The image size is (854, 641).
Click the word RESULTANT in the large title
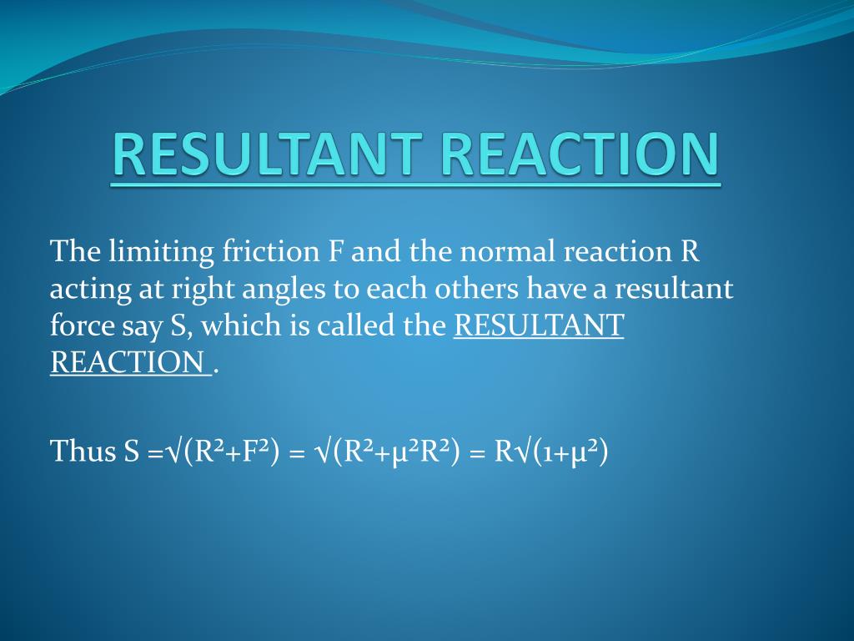point(268,154)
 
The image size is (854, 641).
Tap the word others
point(476,288)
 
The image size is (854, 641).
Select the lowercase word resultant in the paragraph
point(674,288)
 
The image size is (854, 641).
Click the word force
point(82,325)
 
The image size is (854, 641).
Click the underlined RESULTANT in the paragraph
point(539,326)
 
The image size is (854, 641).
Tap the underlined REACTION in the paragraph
point(127,362)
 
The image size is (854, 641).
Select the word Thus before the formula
point(83,452)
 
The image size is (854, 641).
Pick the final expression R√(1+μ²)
point(550,452)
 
